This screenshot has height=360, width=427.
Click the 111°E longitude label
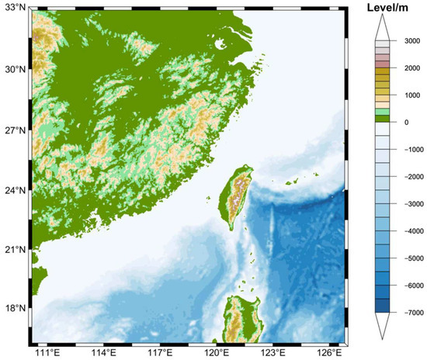pyautogui.click(x=48, y=353)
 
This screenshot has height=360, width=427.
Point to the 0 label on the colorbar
pyautogui.click(x=403, y=122)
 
